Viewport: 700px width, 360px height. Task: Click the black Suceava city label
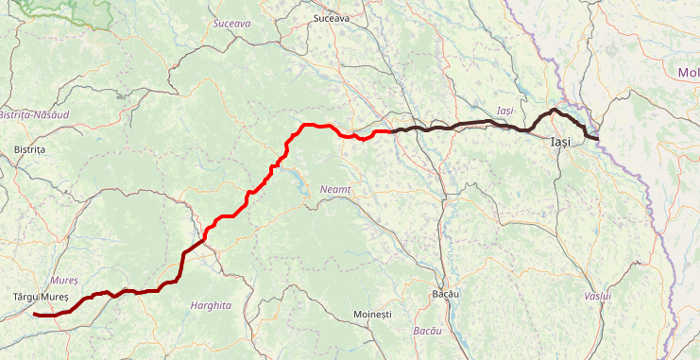coord(331,18)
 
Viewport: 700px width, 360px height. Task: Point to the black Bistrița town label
coord(30,149)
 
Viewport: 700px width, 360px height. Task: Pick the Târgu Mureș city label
coord(35,297)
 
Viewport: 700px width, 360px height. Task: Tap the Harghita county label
coord(210,306)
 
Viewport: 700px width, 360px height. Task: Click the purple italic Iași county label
coord(505,111)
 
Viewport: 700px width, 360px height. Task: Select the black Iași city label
coord(561,142)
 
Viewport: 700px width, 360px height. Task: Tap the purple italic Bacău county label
coord(428,331)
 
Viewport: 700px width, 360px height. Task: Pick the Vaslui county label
coord(598,297)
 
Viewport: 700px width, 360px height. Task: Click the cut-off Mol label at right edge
coord(688,73)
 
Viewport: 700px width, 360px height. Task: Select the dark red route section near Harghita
coord(142,291)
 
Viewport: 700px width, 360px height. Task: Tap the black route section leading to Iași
coord(472,124)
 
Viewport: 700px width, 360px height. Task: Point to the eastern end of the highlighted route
coord(597,139)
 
